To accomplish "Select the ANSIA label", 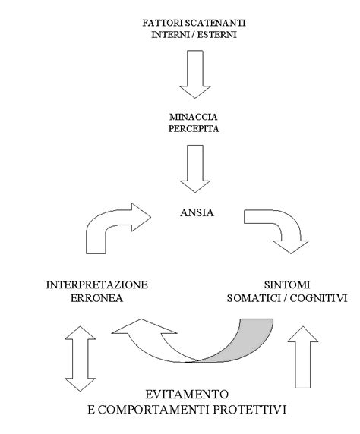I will pos(198,213).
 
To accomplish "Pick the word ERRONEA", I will pos(96,298).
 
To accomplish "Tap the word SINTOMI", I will pos(286,285).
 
